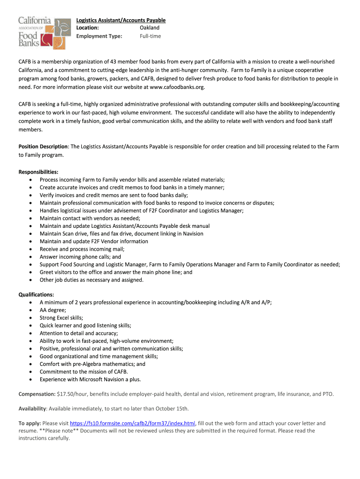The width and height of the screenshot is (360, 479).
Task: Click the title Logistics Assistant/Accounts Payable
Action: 121,20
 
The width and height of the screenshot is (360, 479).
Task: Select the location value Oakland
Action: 150,28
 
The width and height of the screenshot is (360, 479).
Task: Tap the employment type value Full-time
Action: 150,36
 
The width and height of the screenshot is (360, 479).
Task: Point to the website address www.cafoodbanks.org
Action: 177,87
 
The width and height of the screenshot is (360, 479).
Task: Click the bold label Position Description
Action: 43,146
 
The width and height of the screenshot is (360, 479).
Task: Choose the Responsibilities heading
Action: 38,172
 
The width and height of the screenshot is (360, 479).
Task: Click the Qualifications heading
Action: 36,295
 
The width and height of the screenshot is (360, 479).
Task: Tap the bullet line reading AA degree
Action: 53,310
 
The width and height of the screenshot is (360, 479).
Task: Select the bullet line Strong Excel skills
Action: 61,318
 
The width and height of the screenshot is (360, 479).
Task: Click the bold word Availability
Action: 32,408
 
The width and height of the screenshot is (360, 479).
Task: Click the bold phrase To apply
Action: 29,423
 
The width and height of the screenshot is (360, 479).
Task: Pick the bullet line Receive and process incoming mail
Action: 82,249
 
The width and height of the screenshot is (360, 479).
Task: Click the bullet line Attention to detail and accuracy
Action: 79,333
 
